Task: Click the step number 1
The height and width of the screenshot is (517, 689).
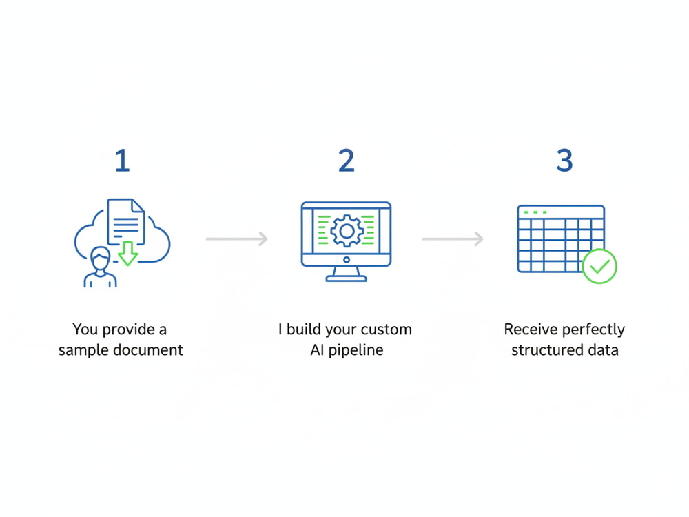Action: (x=123, y=161)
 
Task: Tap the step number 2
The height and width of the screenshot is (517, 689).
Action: (x=347, y=161)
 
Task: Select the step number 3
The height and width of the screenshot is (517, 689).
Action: (x=565, y=160)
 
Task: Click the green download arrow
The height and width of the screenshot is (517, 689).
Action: (x=128, y=253)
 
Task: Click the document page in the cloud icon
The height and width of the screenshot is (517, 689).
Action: (x=126, y=221)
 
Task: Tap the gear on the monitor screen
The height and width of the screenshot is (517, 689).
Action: (x=347, y=231)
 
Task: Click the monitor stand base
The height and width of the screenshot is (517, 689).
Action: (x=347, y=278)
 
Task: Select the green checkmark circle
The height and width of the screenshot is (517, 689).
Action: (x=599, y=266)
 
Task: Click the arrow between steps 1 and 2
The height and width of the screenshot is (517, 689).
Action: (x=237, y=239)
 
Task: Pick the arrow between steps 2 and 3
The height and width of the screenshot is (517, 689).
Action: (x=453, y=239)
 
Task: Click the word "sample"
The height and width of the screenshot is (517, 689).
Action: (x=84, y=350)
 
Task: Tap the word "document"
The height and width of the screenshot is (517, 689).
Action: (x=148, y=350)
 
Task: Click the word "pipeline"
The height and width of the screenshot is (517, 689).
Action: (x=356, y=350)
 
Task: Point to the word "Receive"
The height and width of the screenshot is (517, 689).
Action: (x=531, y=330)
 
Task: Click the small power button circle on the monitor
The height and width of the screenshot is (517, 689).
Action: (x=347, y=260)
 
